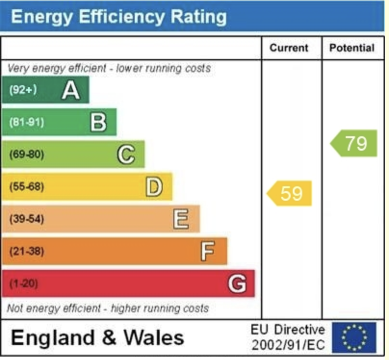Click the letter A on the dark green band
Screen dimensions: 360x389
point(71,90)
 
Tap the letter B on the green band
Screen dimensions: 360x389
point(98,122)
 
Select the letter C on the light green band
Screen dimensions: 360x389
point(126,155)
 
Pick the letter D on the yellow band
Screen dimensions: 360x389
point(154,187)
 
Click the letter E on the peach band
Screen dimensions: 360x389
point(181,219)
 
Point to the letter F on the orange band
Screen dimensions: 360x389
point(207,251)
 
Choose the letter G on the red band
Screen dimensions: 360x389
point(236,284)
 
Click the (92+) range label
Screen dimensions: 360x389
point(23,90)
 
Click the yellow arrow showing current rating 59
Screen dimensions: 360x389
point(290,193)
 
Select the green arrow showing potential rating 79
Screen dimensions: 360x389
point(354,143)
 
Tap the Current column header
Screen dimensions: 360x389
point(289,48)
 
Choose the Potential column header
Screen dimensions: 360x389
point(351,48)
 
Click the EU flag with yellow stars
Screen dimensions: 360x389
point(354,337)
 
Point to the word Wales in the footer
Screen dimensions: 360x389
point(154,338)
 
